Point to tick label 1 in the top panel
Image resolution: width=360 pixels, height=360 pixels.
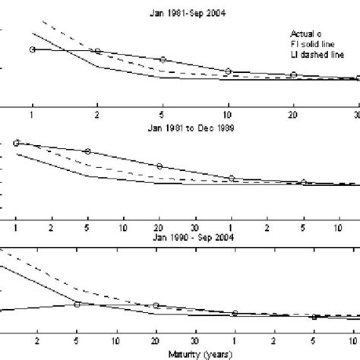click(x=32, y=113)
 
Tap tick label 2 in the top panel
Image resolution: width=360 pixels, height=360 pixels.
click(x=97, y=113)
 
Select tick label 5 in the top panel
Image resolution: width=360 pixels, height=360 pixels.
click(x=163, y=113)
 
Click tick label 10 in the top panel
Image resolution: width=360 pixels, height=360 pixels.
click(x=228, y=113)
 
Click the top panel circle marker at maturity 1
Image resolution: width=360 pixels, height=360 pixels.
click(x=32, y=49)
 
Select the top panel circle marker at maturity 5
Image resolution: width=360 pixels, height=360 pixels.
click(x=163, y=59)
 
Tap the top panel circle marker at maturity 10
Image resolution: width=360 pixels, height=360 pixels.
click(x=228, y=71)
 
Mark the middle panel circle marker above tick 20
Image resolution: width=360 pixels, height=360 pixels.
click(x=159, y=166)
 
